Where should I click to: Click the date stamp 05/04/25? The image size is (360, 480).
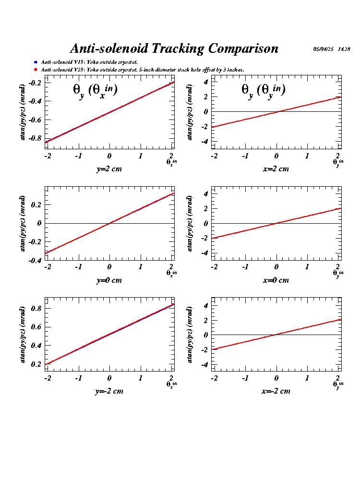coord(323,49)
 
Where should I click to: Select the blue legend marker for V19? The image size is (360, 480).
coord(36,62)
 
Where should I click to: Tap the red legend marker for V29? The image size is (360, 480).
coord(36,70)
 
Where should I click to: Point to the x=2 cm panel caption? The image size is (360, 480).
coord(276,169)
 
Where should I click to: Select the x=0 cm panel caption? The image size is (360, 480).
coord(276,280)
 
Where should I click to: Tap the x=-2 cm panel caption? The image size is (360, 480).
coord(276,391)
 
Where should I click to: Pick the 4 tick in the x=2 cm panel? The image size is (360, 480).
coord(205,82)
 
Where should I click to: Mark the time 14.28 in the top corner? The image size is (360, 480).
coord(344,49)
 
